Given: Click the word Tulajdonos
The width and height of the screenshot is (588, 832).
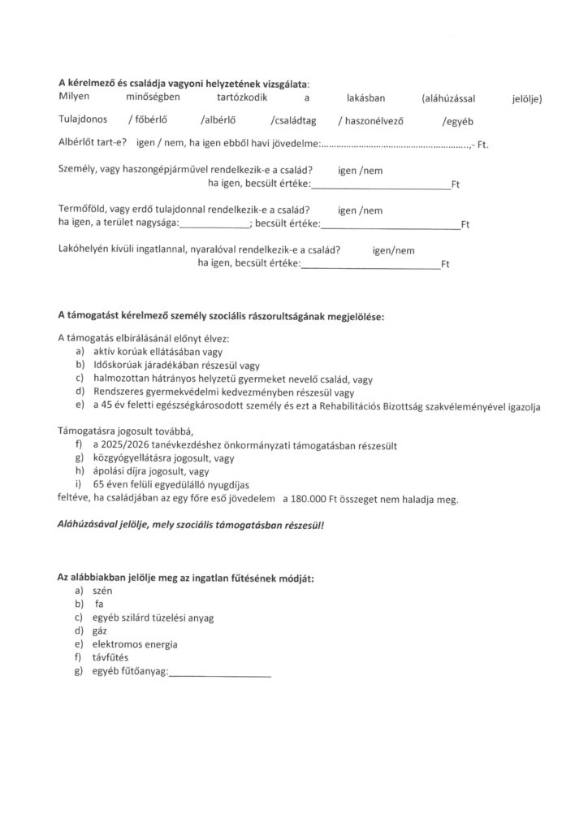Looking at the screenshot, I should (84, 122).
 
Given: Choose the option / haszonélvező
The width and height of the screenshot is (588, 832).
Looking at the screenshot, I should (372, 122).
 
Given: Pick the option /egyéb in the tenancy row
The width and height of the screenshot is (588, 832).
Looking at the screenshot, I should (456, 122).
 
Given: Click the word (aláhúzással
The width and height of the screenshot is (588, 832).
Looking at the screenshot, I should (448, 99).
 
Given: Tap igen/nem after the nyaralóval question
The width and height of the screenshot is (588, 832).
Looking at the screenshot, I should (393, 251).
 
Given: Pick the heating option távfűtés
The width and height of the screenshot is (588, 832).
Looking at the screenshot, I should (111, 658).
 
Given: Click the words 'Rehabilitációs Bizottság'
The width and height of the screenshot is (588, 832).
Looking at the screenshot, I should (408, 405).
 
